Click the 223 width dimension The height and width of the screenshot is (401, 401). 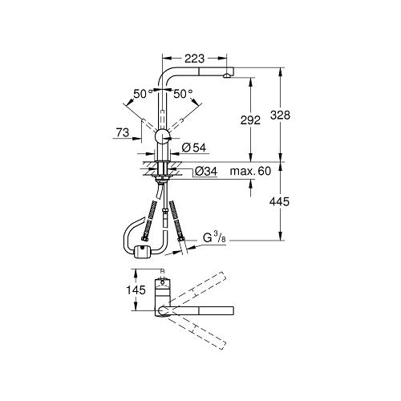195,59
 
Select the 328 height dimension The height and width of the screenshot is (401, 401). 280,115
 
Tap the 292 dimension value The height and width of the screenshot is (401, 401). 250,120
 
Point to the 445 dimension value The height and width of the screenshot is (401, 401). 279,201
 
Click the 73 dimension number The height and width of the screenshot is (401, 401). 123,132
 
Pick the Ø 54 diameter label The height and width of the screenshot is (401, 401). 194,148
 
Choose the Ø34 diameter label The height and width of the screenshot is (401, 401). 206,172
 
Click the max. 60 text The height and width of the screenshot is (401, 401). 250,171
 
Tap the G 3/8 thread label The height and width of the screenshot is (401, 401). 214,238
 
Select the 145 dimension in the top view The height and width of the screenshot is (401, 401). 136,290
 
